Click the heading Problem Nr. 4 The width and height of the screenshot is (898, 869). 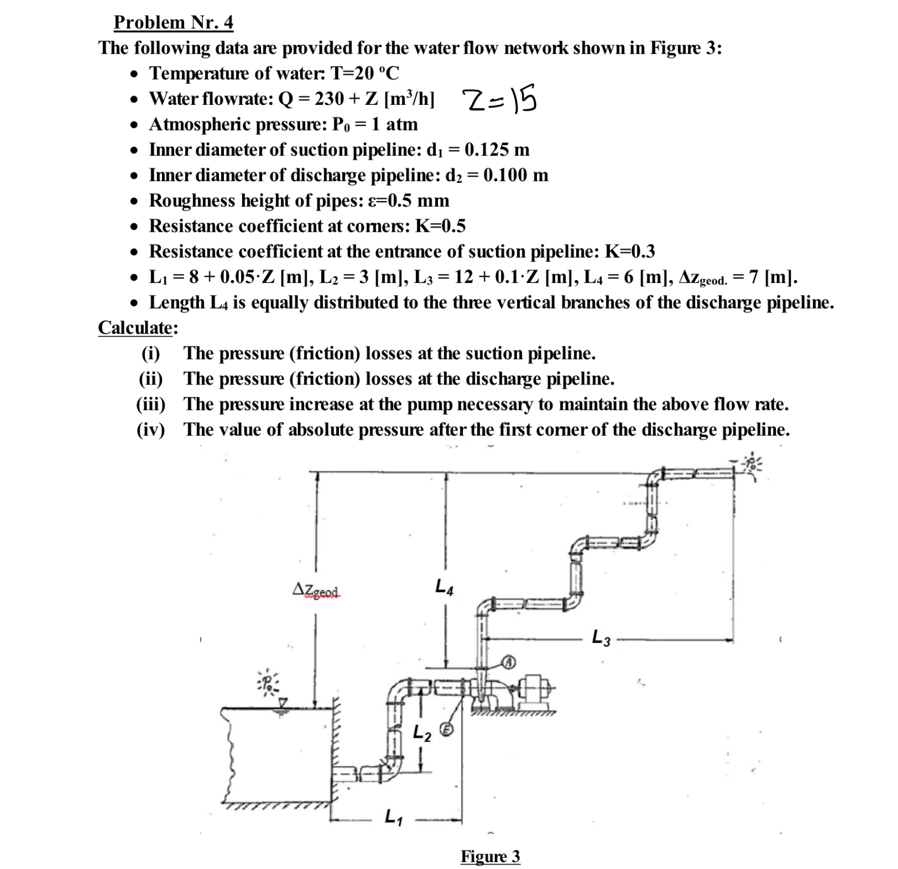click(x=173, y=23)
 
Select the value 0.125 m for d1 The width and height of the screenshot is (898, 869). click(x=497, y=149)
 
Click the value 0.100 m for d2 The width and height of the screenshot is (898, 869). click(x=515, y=175)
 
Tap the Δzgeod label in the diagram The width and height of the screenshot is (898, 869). click(x=316, y=590)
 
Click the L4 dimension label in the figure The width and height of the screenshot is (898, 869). click(x=444, y=586)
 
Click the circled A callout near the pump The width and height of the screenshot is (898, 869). click(x=507, y=662)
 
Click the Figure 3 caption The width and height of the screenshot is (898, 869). click(x=490, y=856)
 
